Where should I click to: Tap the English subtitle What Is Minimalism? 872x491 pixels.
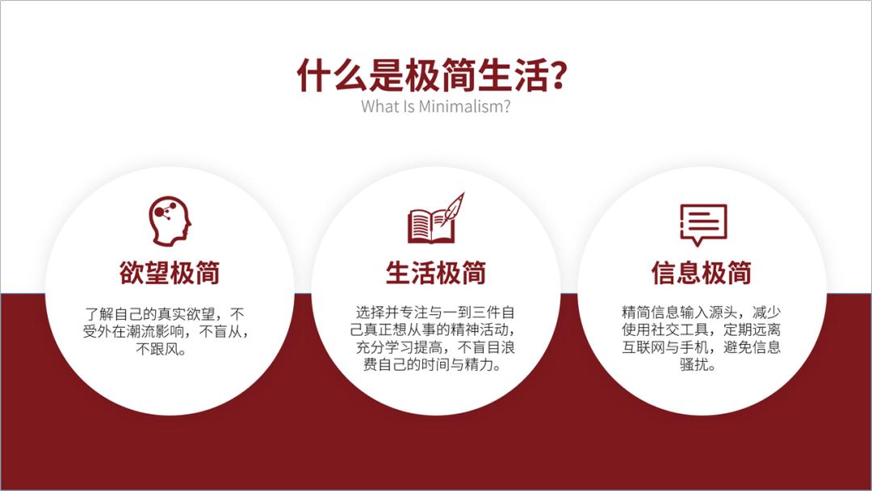click(435, 107)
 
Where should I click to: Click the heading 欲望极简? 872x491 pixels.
click(170, 273)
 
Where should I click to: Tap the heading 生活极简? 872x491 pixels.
click(435, 273)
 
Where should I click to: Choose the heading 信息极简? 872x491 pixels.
click(702, 273)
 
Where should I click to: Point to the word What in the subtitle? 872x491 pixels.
click(375, 107)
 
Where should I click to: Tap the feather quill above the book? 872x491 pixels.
click(455, 204)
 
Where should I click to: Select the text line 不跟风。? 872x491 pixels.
click(170, 350)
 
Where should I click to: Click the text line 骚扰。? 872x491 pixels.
click(702, 365)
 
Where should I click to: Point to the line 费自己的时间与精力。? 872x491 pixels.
click(435, 365)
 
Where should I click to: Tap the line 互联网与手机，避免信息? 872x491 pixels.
click(702, 347)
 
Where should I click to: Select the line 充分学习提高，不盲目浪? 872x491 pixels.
click(435, 347)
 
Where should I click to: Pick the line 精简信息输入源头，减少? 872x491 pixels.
click(702, 312)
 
